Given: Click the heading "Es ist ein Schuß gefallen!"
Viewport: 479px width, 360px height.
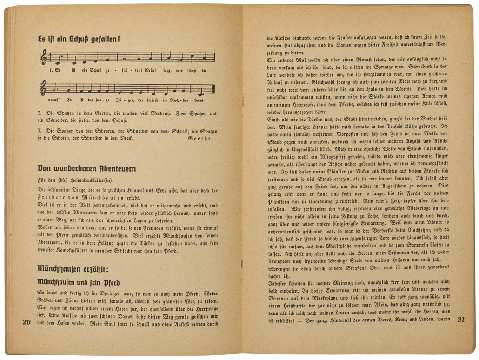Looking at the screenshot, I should point(79,40).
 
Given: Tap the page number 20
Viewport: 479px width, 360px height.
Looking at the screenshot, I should point(27,322).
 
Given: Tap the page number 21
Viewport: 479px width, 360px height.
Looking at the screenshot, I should point(461,320).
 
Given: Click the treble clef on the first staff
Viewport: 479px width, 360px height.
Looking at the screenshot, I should point(44,57).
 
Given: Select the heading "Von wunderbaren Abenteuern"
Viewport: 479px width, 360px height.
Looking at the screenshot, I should point(87,168).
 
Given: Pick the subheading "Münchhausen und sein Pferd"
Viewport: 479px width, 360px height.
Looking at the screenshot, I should point(79,282).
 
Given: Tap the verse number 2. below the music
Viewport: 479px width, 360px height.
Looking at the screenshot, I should point(40,113).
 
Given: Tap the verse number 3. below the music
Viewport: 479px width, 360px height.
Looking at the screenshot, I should point(40,130).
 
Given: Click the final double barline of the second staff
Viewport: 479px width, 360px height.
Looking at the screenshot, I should point(213,88).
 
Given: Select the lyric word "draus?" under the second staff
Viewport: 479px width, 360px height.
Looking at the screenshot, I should point(54,100).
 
